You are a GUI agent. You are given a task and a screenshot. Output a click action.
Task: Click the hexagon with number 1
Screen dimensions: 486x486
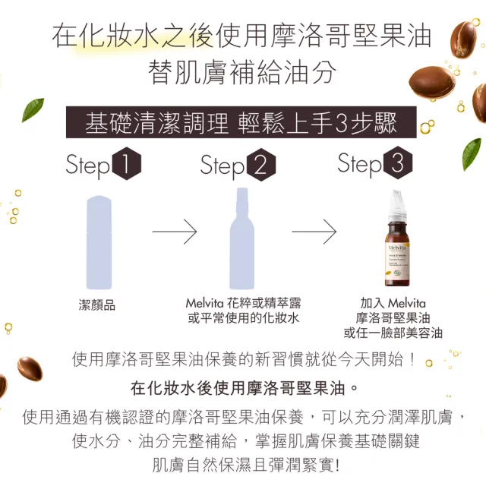click(x=126, y=166)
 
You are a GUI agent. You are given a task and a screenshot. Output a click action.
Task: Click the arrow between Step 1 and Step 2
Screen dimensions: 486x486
click(x=175, y=232)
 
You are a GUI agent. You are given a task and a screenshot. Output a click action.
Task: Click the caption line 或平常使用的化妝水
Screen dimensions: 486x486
click(x=244, y=318)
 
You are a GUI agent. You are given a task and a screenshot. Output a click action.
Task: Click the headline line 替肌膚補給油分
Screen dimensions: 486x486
click(x=242, y=73)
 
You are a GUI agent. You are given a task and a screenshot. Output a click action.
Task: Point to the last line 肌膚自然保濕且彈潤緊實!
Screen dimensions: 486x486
click(x=242, y=464)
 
